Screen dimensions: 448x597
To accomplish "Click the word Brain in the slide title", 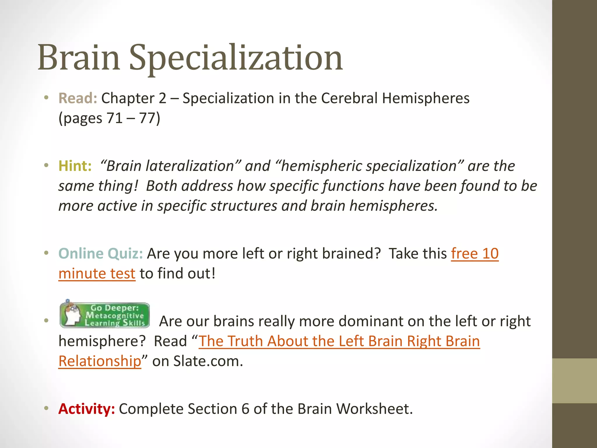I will click(79, 58).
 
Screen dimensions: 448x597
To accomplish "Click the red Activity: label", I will click(87, 409).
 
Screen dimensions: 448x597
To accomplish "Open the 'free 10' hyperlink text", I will click(475, 253).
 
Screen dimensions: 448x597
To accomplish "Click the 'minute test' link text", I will click(97, 274).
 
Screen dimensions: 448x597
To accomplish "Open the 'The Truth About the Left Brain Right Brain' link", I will click(339, 341).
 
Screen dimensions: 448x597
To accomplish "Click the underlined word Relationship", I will click(100, 361).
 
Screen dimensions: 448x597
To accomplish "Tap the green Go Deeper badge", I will click(105, 315).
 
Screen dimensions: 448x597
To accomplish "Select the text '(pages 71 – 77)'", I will click(110, 118).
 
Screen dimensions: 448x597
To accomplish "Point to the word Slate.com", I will click(208, 361).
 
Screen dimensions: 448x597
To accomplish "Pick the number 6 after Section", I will click(245, 409).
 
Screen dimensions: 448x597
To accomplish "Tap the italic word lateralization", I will click(190, 166).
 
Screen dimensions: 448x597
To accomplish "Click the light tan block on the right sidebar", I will click(575, 381).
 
